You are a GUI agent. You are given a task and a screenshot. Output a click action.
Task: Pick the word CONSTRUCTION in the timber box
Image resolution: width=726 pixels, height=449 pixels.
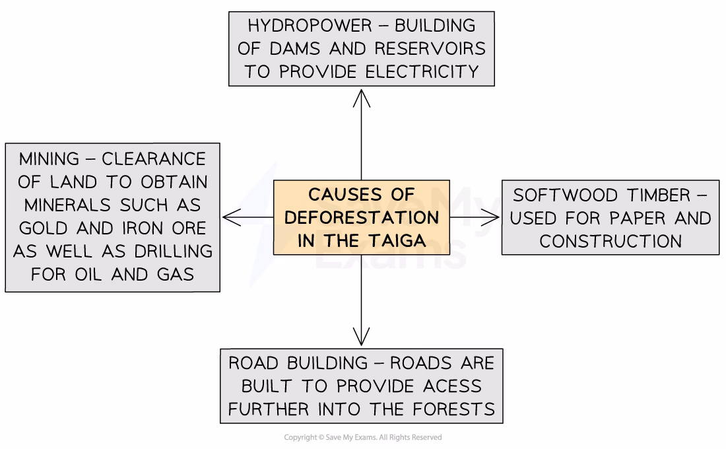tap(610, 241)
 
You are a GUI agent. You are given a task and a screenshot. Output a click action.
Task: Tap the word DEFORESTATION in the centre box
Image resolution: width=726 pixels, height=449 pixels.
tap(361, 217)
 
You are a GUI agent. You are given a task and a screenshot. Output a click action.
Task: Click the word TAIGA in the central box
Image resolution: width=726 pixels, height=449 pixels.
tap(395, 240)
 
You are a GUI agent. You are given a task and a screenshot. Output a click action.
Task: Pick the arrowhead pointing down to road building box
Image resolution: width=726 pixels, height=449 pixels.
tap(362, 337)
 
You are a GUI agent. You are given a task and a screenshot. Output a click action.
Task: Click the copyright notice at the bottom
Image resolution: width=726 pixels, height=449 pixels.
tap(362, 438)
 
